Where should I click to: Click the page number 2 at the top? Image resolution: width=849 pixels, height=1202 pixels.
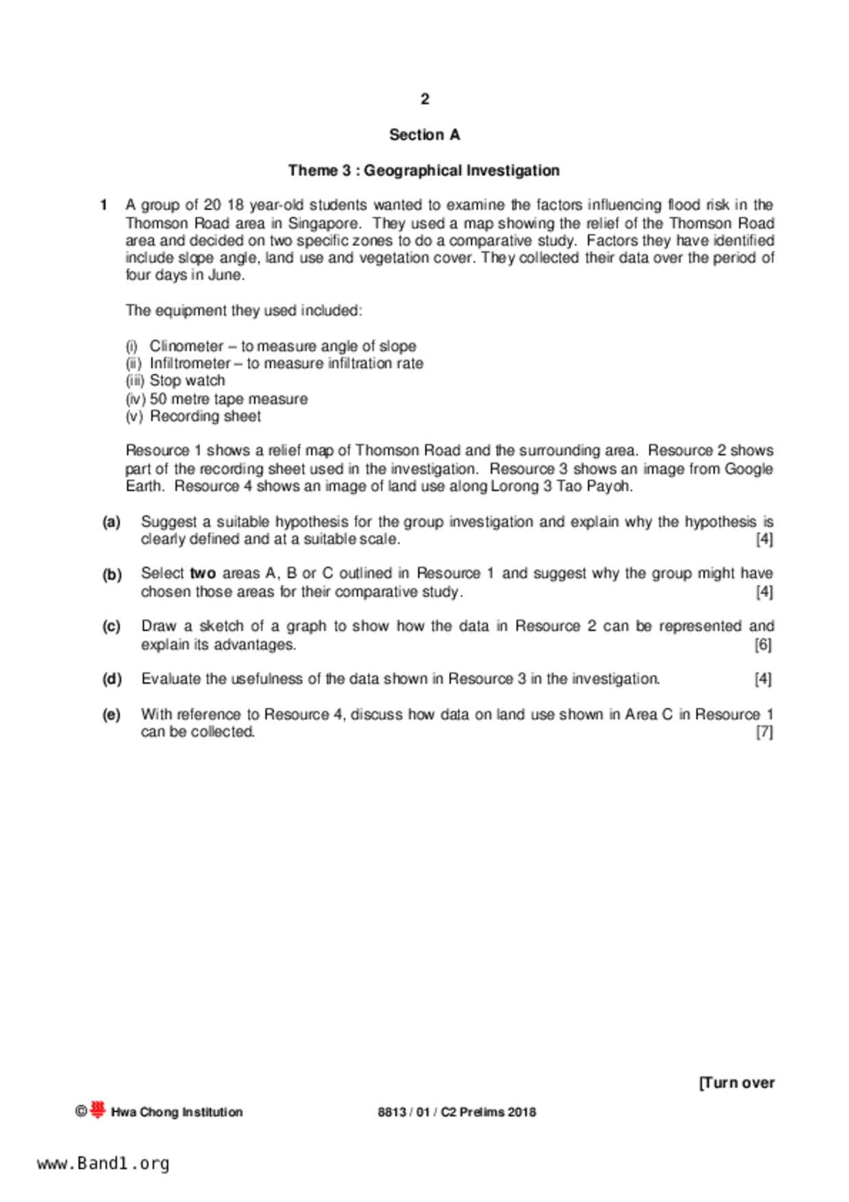coord(425,99)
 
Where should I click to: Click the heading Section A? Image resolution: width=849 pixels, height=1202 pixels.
coord(424,135)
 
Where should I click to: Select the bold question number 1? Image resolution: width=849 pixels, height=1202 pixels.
coord(103,205)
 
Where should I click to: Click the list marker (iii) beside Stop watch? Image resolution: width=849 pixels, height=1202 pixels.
coord(135,381)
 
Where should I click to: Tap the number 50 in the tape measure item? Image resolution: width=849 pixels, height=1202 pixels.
coord(158,399)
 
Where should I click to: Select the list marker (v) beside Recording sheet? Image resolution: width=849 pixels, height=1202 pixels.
coord(134,417)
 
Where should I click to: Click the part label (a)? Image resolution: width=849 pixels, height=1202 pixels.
coord(111,522)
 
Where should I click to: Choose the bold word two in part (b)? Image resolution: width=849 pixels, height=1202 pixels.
coord(202,574)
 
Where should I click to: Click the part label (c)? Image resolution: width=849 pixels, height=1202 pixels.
coord(111,626)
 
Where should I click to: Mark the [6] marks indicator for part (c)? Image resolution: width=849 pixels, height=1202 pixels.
coord(763,645)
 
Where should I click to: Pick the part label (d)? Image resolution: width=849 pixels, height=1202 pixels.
coord(112,679)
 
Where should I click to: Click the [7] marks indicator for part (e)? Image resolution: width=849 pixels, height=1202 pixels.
coord(763,732)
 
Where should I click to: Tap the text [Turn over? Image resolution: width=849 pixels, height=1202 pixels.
coord(737,1083)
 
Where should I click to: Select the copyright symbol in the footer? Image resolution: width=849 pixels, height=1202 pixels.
coord(81,1112)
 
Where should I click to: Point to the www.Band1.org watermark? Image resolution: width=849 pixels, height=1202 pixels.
coord(103,1164)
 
